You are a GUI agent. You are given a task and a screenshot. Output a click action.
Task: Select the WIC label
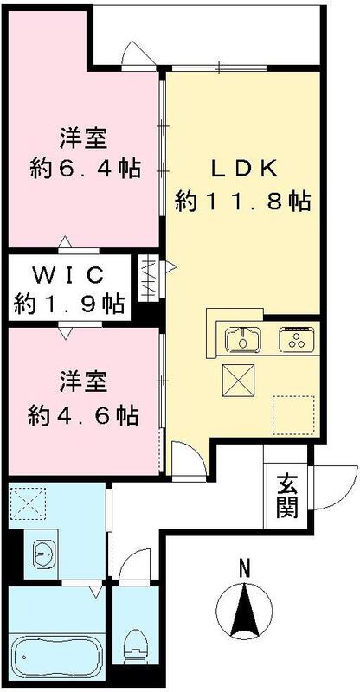click(68, 276)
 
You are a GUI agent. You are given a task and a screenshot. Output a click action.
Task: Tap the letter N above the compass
click(244, 569)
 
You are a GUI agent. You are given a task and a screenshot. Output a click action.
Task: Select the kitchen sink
click(242, 339)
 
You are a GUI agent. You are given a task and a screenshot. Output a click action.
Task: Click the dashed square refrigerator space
click(294, 413)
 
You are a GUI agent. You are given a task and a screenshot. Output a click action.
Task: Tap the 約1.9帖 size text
click(68, 304)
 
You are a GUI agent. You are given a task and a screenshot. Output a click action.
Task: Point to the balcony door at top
click(134, 54)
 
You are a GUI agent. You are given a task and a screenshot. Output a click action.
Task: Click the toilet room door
click(132, 564)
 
